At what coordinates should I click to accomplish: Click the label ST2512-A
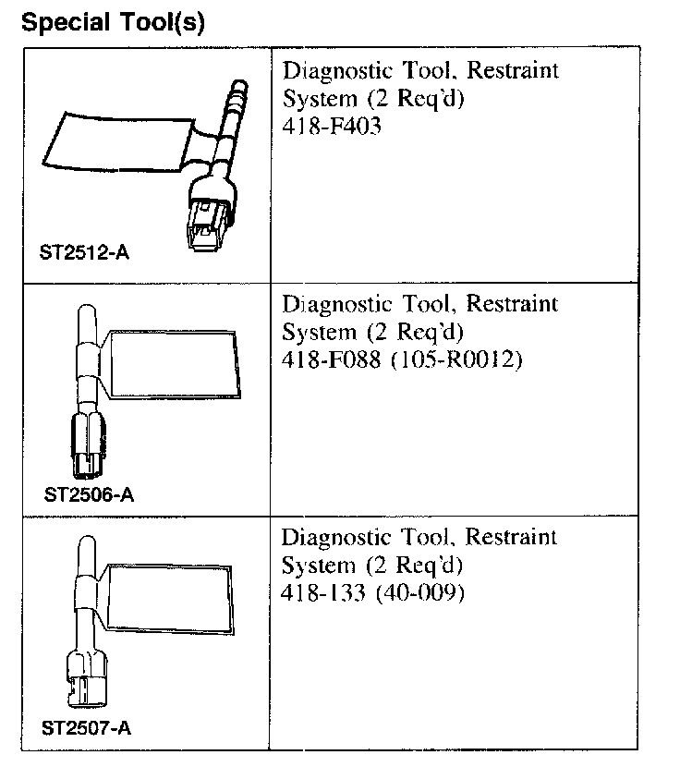click(x=84, y=252)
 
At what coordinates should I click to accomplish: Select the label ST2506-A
click(x=89, y=494)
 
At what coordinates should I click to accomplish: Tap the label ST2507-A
click(x=87, y=727)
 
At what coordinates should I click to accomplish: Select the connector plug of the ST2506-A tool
click(x=87, y=444)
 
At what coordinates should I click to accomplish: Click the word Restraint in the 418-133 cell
click(x=511, y=537)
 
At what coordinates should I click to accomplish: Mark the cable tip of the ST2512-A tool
click(x=238, y=88)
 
